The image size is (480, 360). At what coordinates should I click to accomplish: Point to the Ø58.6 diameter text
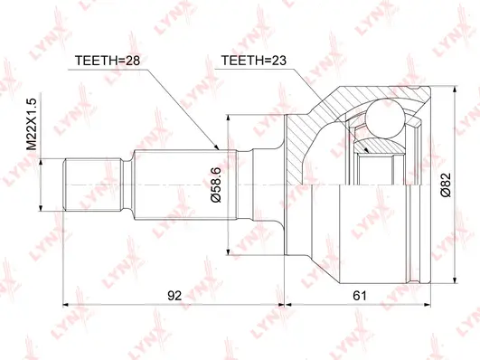click(x=217, y=187)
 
